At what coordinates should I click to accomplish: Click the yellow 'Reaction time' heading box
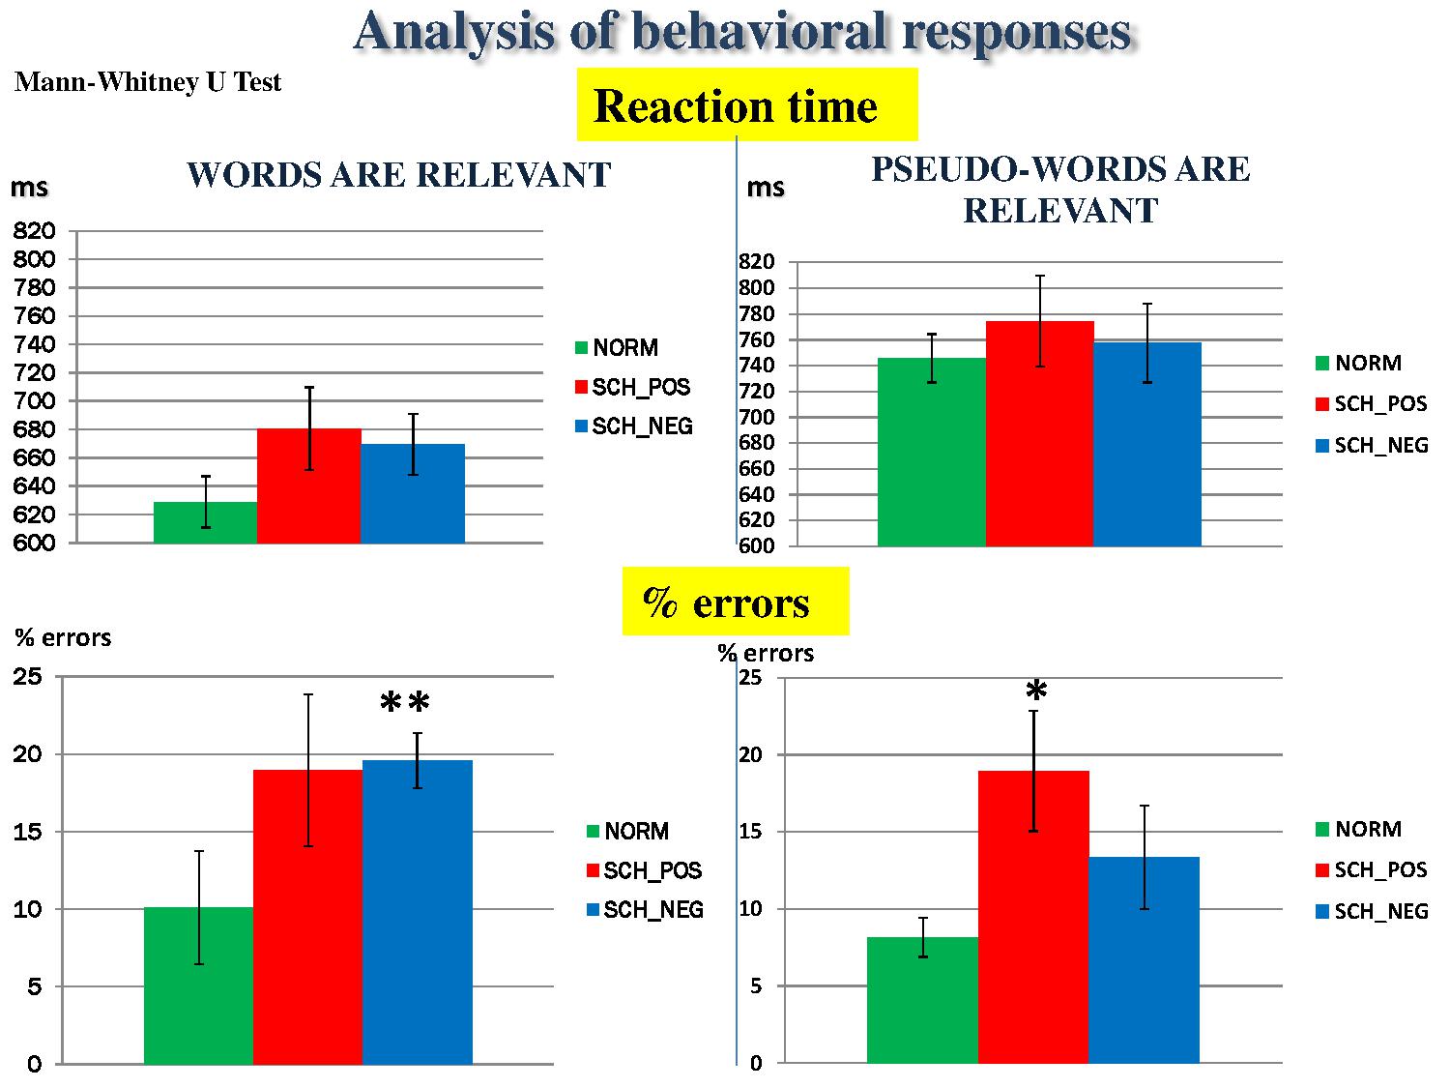pos(746,105)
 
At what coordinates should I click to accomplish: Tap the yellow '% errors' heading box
pos(735,602)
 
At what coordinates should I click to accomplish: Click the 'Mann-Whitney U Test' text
pos(148,82)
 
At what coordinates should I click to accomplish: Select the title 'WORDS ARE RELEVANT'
pos(398,175)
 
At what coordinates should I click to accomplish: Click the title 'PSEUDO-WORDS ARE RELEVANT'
pos(1060,190)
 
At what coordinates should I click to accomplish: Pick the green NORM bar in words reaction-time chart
pos(205,523)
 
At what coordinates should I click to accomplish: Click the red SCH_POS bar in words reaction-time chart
pos(308,486)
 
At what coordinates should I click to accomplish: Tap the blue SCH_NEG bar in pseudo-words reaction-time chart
pos(1146,445)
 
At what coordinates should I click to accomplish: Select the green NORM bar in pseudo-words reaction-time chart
pos(931,453)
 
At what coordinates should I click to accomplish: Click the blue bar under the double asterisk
pos(417,912)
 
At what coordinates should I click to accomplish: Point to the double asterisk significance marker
pos(404,704)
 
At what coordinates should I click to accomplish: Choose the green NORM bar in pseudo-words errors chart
pos(922,1000)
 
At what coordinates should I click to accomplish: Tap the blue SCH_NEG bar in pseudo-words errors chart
pos(1144,960)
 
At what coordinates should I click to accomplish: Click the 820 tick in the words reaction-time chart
pos(35,231)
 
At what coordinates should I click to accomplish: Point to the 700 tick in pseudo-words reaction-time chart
pos(757,418)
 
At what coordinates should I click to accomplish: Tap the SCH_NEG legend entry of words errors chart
pos(645,910)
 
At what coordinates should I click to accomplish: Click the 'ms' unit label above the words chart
pos(29,188)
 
